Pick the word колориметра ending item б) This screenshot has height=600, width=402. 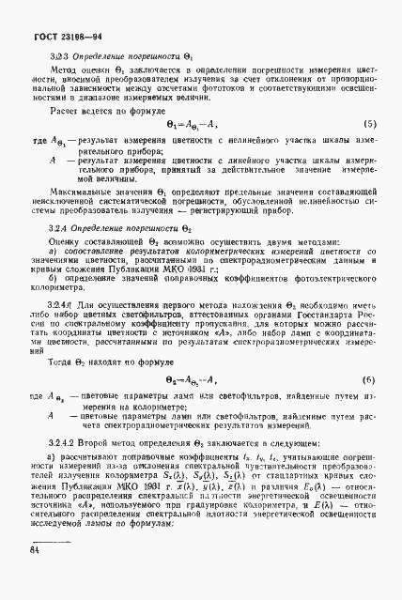58,264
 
